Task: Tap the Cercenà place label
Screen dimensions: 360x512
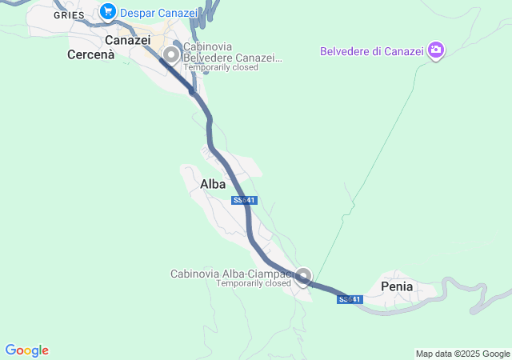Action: click(91, 55)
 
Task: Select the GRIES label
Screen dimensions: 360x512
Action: click(70, 15)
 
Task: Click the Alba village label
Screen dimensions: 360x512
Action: click(213, 184)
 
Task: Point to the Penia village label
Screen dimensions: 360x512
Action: click(398, 286)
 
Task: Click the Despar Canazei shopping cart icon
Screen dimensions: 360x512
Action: click(107, 12)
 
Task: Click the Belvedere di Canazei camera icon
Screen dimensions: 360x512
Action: click(436, 50)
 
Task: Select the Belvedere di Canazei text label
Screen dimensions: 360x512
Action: click(371, 51)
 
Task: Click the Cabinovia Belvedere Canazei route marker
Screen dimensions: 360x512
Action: click(170, 54)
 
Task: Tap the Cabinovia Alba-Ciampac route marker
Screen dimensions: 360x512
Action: click(302, 277)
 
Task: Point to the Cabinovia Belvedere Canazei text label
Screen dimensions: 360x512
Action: click(232, 52)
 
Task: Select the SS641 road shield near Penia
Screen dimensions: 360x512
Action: click(350, 299)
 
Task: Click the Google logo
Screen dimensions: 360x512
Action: click(26, 350)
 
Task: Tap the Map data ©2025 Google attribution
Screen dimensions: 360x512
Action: click(462, 354)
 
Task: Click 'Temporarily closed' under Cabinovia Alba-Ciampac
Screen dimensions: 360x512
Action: click(254, 283)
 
